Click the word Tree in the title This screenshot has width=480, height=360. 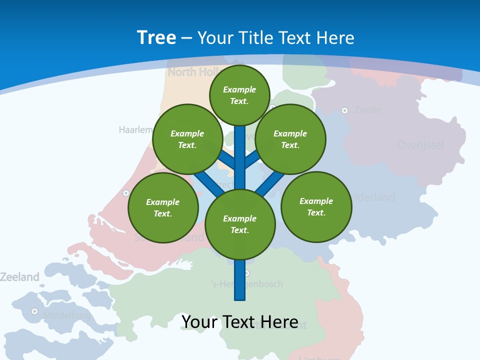click(x=156, y=37)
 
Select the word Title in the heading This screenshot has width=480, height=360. click(x=255, y=38)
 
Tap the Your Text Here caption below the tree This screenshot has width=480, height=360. click(x=239, y=322)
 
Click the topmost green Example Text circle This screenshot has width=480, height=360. click(x=239, y=95)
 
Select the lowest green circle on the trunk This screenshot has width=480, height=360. click(x=240, y=224)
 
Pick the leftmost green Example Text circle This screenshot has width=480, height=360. click(x=163, y=207)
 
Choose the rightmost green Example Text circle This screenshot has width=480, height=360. click(x=316, y=206)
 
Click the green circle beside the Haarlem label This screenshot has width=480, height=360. click(x=187, y=139)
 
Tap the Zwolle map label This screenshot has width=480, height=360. click(x=367, y=109)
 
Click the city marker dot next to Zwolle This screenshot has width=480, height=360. click(x=344, y=110)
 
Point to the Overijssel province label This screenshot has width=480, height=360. click(x=420, y=145)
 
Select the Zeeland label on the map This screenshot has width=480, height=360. click(x=19, y=277)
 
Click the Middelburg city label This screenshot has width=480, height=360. click(x=66, y=315)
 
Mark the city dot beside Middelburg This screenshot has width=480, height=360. click(x=34, y=311)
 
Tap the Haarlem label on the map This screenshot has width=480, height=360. click(x=135, y=130)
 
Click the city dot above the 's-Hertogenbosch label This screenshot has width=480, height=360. click(x=246, y=273)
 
